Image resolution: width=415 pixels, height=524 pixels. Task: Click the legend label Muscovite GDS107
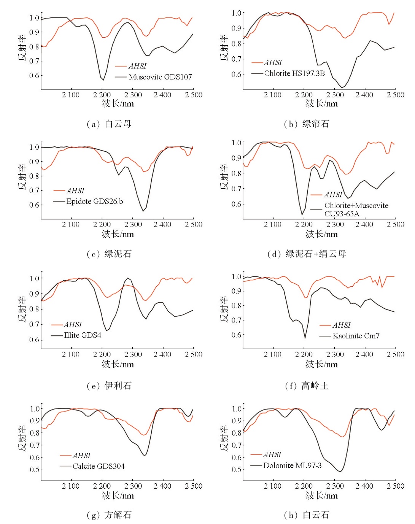click(x=160, y=77)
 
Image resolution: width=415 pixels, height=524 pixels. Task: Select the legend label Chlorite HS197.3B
click(x=294, y=73)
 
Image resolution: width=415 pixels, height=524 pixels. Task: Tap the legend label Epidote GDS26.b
click(x=94, y=201)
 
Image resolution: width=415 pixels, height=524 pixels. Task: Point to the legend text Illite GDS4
click(x=83, y=335)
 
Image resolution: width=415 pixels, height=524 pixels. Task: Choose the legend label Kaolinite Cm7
click(x=356, y=335)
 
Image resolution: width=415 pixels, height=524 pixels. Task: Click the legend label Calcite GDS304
click(x=99, y=466)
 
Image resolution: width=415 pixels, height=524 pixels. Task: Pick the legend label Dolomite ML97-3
click(x=292, y=465)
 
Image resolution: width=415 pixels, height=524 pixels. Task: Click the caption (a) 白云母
click(x=109, y=124)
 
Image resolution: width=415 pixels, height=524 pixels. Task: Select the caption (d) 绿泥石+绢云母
click(x=307, y=254)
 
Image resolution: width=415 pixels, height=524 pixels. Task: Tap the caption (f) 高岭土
click(x=307, y=386)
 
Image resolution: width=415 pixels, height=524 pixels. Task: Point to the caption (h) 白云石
click(x=307, y=515)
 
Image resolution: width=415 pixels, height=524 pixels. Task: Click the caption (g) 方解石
click(x=109, y=515)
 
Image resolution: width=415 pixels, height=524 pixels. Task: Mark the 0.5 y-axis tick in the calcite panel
click(x=35, y=470)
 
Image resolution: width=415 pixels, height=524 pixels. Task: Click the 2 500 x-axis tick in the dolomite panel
click(x=395, y=486)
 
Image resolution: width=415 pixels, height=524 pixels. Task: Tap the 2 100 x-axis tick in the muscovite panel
click(x=71, y=95)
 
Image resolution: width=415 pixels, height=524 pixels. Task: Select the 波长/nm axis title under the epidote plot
click(x=118, y=234)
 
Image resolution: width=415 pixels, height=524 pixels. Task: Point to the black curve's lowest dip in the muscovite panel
click(x=103, y=80)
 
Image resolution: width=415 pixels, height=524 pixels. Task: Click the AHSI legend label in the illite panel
click(x=73, y=325)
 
